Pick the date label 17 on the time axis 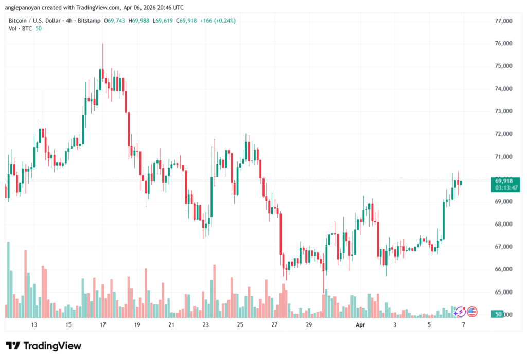[102, 325]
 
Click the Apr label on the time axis [360, 325]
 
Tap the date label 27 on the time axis [274, 325]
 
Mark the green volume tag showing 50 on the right [498, 314]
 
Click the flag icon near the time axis [472, 312]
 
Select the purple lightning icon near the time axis [460, 312]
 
